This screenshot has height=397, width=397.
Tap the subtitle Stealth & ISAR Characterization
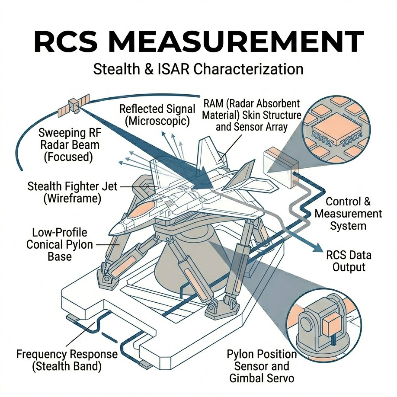(198, 69)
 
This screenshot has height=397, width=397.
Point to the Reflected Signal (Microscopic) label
(157, 115)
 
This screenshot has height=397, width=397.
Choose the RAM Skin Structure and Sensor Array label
(252, 115)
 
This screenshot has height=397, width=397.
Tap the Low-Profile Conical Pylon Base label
(60, 244)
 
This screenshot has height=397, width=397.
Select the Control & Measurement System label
(348, 214)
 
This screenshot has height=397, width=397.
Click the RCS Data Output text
(349, 261)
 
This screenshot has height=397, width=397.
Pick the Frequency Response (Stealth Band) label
(67, 361)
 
